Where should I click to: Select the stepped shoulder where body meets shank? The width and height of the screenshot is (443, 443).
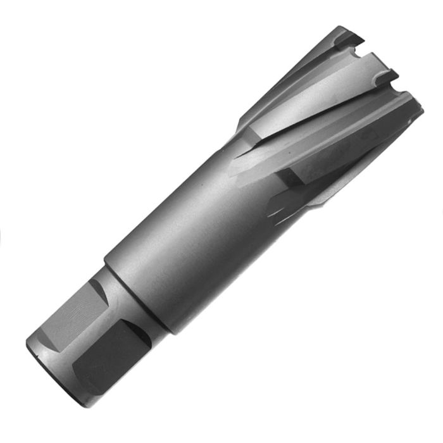[x=136, y=297]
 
